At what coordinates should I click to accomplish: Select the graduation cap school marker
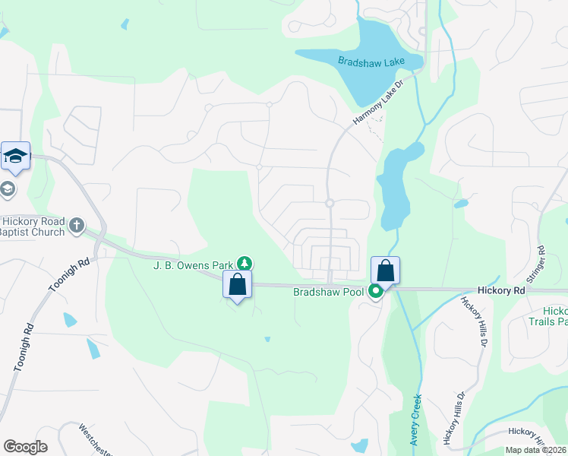15,157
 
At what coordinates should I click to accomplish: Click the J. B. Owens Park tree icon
245,264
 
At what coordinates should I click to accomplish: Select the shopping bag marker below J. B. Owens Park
238,285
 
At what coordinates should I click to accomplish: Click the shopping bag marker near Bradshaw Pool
386,271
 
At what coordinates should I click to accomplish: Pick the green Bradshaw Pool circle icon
375,290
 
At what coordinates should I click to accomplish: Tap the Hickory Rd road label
502,290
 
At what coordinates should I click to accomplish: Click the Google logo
25,447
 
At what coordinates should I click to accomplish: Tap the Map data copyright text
535,450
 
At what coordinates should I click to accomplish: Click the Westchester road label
96,440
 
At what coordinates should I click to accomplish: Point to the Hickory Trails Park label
550,316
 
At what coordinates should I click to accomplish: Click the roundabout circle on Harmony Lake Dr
330,203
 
